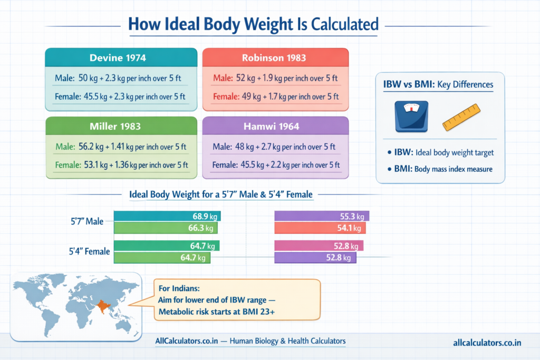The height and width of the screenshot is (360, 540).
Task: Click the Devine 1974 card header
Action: pos(121,57)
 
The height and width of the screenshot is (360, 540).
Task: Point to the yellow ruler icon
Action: pos(462,117)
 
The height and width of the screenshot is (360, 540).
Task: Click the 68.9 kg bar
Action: pos(167,216)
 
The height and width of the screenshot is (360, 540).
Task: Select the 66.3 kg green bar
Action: pos(165,228)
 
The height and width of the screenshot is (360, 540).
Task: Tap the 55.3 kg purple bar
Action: pos(322,216)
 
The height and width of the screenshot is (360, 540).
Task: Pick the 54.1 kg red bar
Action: pos(320,228)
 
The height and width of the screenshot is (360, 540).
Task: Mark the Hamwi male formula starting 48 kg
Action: pos(275,147)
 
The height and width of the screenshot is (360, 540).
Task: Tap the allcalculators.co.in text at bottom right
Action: pos(487,343)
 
